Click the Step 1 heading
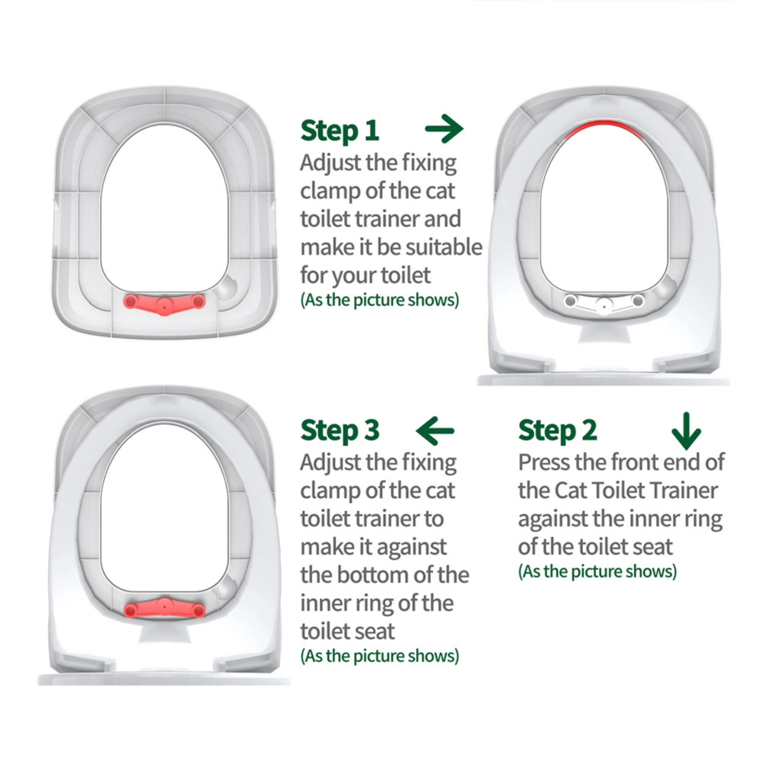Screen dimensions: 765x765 click(x=340, y=131)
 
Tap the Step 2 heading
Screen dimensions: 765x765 click(x=558, y=430)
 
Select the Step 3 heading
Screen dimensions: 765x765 click(x=340, y=430)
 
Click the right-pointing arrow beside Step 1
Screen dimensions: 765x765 click(x=444, y=129)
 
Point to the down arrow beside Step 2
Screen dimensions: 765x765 click(x=686, y=431)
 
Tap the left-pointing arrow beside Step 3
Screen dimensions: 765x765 click(x=435, y=431)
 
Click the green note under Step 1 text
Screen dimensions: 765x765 click(x=380, y=300)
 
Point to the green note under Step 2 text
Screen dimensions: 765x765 click(x=597, y=571)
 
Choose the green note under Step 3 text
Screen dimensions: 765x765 click(x=380, y=656)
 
